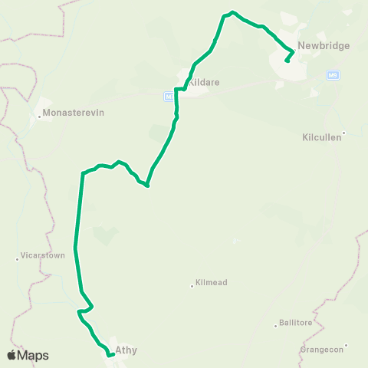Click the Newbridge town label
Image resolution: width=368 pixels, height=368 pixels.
pyautogui.click(x=324, y=45)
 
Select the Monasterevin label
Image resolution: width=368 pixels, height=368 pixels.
pyautogui.click(x=74, y=112)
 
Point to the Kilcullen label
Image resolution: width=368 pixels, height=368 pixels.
pyautogui.click(x=322, y=139)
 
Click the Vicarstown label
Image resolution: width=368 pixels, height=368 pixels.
pyautogui.click(x=43, y=255)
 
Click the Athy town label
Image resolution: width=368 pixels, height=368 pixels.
pyautogui.click(x=126, y=351)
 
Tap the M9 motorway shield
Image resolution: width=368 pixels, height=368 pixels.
pyautogui.click(x=333, y=74)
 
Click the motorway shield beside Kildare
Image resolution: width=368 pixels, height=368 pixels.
pyautogui.click(x=168, y=96)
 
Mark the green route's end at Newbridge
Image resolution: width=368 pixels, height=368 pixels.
pyautogui.click(x=287, y=61)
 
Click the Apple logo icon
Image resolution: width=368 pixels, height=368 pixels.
pyautogui.click(x=12, y=355)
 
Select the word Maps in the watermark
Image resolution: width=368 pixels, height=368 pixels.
pyautogui.click(x=34, y=355)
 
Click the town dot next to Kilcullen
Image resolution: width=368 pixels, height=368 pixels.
pyautogui.click(x=343, y=133)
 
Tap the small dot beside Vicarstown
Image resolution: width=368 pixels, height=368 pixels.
pyautogui.click(x=17, y=258)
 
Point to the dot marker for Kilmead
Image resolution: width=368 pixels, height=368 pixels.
pyautogui.click(x=192, y=286)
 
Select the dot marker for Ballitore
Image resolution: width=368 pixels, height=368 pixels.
pyautogui.click(x=276, y=326)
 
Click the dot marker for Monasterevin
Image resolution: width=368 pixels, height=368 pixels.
pyautogui.click(x=39, y=116)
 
